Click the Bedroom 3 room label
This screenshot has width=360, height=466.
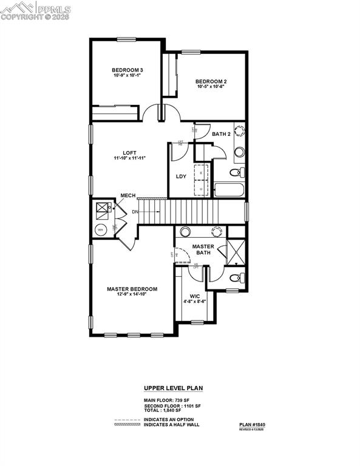pyautogui.click(x=127, y=69)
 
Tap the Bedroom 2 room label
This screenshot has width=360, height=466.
pyautogui.click(x=211, y=81)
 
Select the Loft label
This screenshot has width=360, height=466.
pyautogui.click(x=129, y=152)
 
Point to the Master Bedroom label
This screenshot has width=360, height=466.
pyautogui.click(x=132, y=289)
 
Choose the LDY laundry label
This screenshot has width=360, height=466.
pyautogui.click(x=181, y=177)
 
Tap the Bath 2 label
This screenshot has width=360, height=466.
pyautogui.click(x=221, y=133)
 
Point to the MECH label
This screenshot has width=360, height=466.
pyautogui.click(x=127, y=195)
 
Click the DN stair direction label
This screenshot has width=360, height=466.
pyautogui.click(x=135, y=211)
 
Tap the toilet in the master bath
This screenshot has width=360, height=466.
pyautogui.click(x=236, y=279)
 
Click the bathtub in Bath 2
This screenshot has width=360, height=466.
pyautogui.click(x=228, y=190)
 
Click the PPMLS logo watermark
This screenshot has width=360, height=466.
pyautogui.click(x=36, y=10)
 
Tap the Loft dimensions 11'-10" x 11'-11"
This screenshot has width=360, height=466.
pyautogui.click(x=129, y=158)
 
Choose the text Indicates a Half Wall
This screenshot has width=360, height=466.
pyautogui.click(x=171, y=425)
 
